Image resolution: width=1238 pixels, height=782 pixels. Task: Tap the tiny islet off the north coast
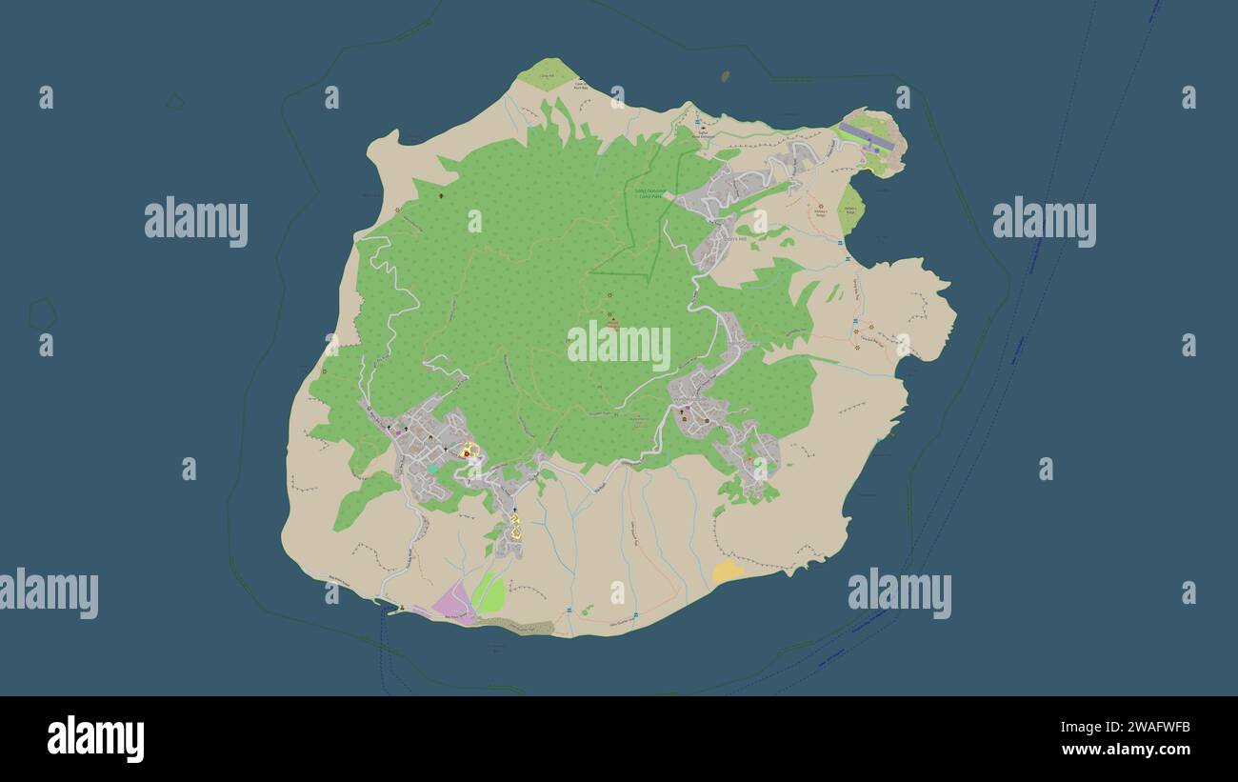[726, 75]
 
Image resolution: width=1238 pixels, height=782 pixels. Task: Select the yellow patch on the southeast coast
[728, 571]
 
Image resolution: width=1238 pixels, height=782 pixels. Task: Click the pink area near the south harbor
[453, 602]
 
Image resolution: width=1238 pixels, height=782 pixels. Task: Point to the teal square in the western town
[432, 469]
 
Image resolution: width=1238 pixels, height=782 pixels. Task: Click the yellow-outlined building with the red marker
[467, 451]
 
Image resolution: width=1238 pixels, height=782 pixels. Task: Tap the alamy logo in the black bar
[95, 739]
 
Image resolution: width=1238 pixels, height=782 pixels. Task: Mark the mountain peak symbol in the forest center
[612, 321]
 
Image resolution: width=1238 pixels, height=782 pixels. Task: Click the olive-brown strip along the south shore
[519, 626]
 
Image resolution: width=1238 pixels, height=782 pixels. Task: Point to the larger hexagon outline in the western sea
[42, 312]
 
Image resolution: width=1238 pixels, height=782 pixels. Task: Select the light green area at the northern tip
[547, 74]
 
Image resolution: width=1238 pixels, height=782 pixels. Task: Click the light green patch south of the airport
[850, 208]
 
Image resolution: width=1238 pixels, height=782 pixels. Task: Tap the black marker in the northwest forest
[441, 195]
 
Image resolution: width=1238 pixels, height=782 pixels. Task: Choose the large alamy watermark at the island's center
[619, 345]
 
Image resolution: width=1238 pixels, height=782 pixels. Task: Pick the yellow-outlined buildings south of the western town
[515, 528]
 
